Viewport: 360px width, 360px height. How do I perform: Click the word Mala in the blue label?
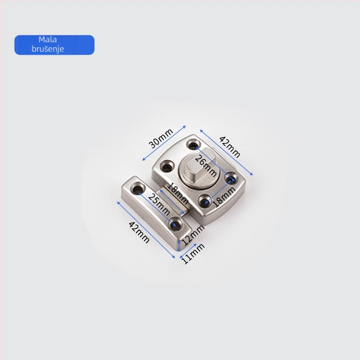pos(48,40)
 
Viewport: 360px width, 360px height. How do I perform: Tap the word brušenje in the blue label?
pos(48,49)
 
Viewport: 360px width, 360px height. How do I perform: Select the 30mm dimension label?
pos(161,139)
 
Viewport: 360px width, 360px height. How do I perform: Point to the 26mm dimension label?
pos(206,166)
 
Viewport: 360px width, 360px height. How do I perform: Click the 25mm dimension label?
pos(159,204)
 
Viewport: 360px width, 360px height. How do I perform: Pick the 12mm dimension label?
pos(193,234)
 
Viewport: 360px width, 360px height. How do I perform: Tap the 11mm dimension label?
pos(193,253)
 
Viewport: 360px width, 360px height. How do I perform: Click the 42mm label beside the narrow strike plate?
pos(139,232)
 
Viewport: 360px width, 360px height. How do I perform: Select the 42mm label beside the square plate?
pos(229,147)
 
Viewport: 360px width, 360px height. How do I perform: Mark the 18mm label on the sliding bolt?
pos(177,193)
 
